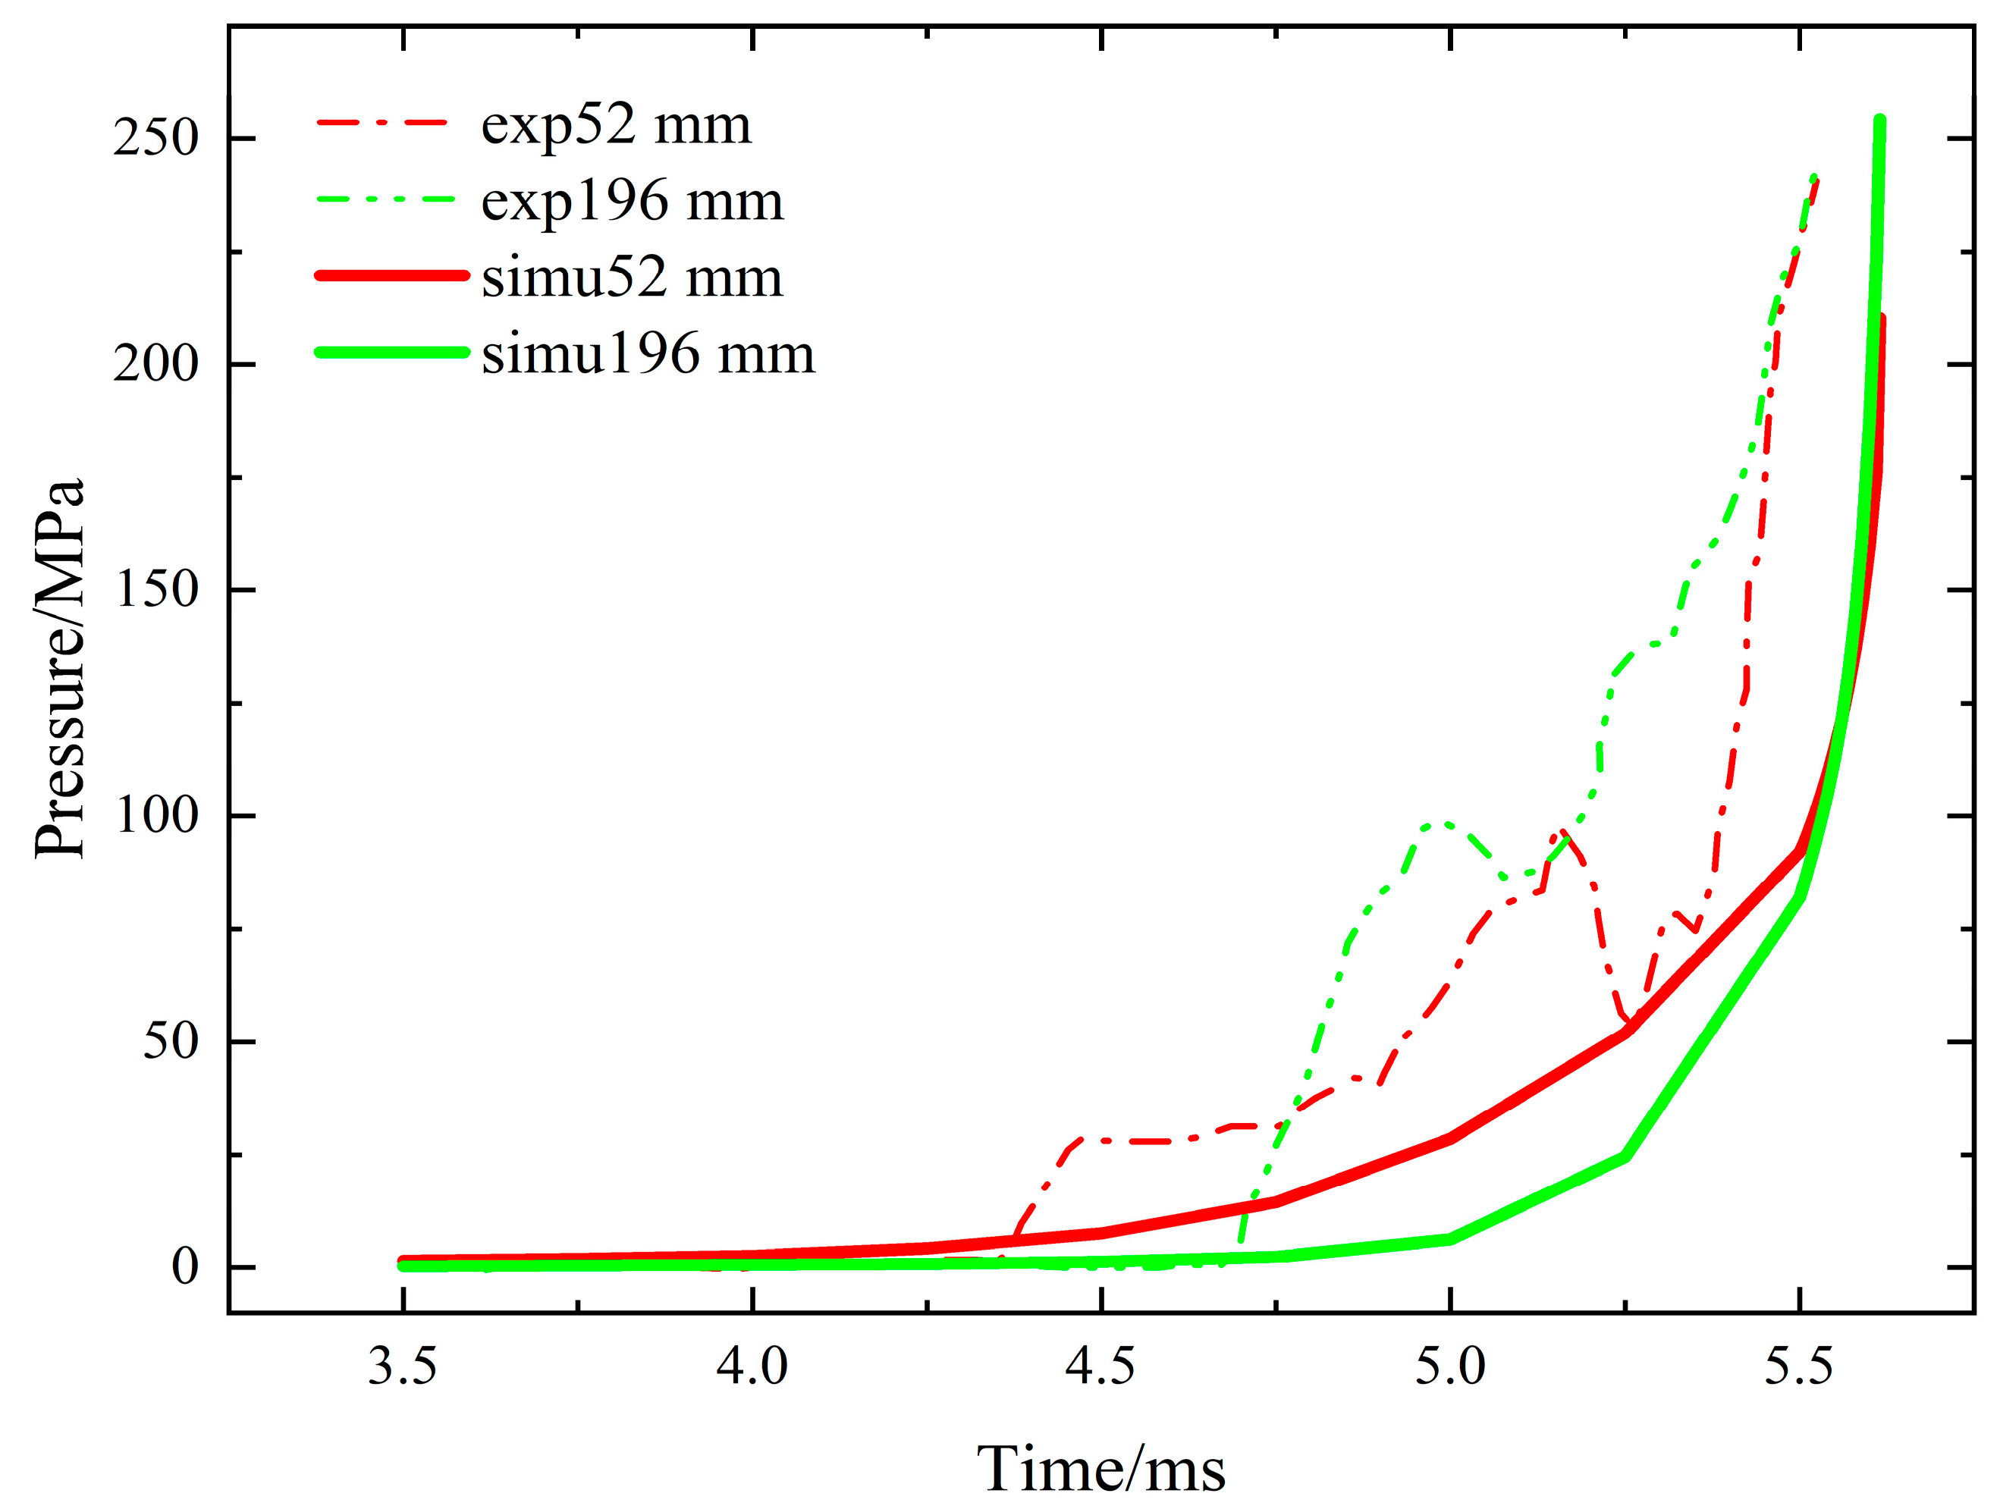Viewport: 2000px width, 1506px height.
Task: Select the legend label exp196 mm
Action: [x=631, y=201]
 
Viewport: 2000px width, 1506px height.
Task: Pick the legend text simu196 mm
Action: [x=648, y=353]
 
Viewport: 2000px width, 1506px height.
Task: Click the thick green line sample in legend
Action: [x=391, y=353]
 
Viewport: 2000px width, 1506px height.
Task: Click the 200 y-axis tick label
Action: [x=155, y=364]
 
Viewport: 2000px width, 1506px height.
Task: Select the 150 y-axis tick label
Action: [x=155, y=589]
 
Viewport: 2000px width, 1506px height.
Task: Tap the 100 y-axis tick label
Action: [x=155, y=815]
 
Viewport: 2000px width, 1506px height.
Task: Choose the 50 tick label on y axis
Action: [x=170, y=1041]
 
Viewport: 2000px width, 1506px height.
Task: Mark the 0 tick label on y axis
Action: [x=184, y=1266]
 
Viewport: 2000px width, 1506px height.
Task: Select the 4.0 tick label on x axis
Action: [x=752, y=1366]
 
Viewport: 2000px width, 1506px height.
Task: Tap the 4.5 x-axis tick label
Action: [x=1100, y=1366]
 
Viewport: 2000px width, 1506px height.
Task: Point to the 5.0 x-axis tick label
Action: [x=1449, y=1366]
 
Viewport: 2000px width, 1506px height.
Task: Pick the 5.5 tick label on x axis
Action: [x=1798, y=1366]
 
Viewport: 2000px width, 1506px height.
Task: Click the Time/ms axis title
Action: [x=1100, y=1469]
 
